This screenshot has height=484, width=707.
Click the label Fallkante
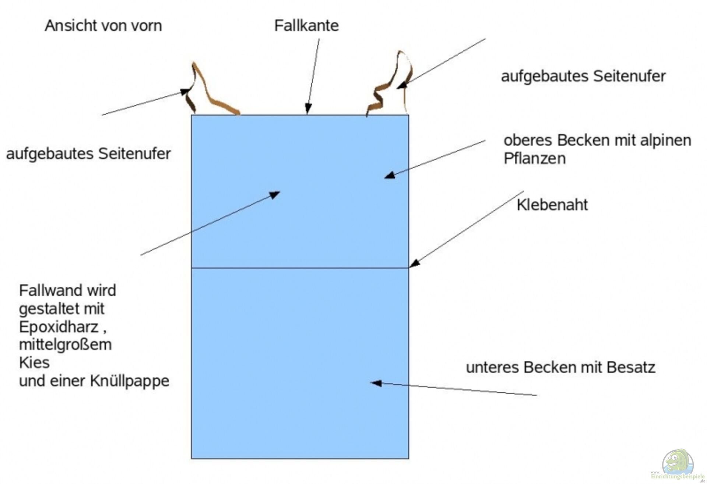[x=306, y=26]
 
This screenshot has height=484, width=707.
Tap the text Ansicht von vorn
[x=103, y=26]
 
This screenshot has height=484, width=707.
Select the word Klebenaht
[x=552, y=205]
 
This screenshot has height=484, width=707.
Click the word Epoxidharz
[x=59, y=327]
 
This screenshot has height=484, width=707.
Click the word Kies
[x=34, y=363]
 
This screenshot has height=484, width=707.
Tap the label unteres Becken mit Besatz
[x=560, y=367]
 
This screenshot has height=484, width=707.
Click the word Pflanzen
[x=535, y=159]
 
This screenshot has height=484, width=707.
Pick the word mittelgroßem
[x=65, y=345]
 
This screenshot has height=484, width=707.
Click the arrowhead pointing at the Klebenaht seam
[x=414, y=263]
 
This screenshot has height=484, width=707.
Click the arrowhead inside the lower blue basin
[x=376, y=383]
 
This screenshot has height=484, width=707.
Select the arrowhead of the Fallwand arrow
[x=275, y=194]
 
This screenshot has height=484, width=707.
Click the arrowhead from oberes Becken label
[x=390, y=175]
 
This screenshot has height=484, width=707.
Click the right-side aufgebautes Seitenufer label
[x=583, y=76]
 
